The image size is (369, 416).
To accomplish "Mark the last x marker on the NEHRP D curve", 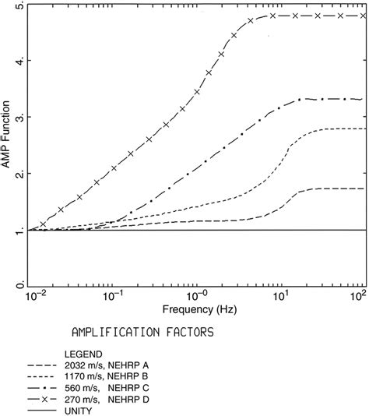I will [363, 16].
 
